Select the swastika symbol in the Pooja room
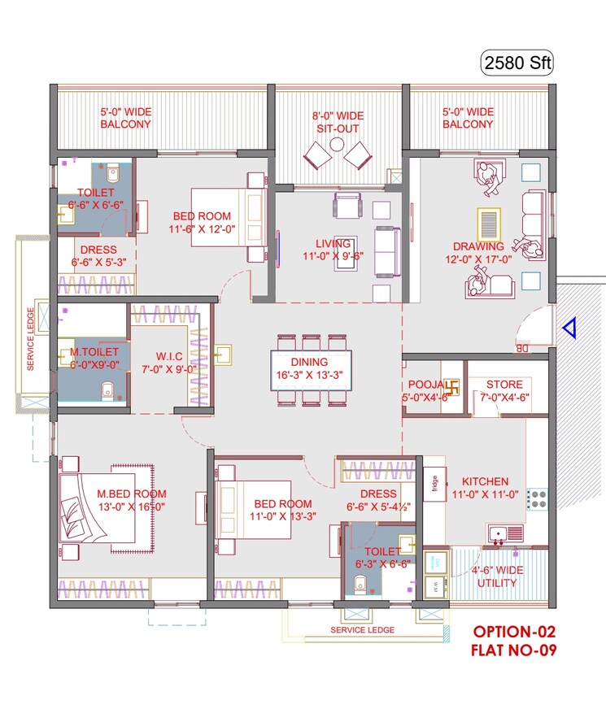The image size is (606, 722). point(454,385)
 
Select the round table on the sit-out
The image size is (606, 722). point(337,144)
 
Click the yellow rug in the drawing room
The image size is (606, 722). point(488,222)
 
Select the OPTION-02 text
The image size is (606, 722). point(515,633)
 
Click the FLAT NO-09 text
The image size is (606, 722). point(515,650)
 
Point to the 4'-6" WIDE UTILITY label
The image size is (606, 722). point(496,576)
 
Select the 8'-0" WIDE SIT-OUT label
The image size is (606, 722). point(337,122)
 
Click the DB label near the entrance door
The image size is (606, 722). point(521,349)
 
